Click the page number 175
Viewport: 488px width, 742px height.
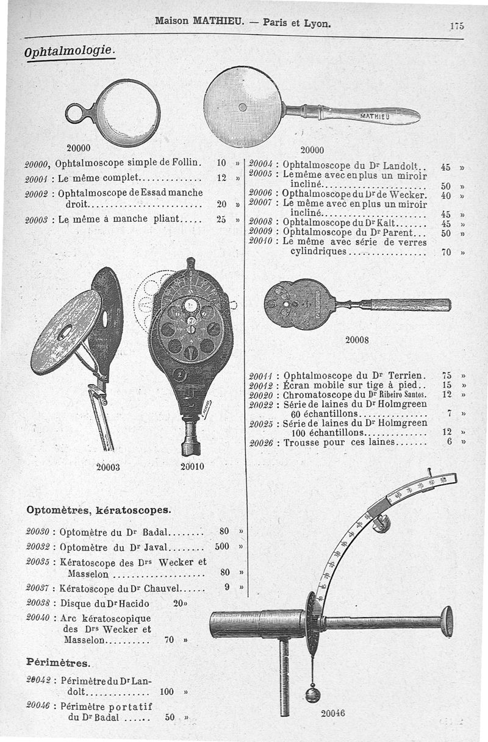point(456,26)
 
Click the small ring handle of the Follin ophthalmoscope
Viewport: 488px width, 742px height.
point(76,113)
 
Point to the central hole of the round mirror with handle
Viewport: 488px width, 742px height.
point(242,107)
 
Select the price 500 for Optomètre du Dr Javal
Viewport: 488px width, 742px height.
point(221,546)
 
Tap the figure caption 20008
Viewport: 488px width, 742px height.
point(357,340)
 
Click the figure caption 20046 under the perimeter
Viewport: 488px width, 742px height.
point(333,713)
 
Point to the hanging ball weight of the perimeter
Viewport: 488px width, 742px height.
point(312,694)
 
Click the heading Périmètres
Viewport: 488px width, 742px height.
point(58,662)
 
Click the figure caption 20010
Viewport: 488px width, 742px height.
point(193,467)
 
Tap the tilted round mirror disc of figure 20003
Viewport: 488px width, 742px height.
point(66,332)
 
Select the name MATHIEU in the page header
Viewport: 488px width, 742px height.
point(218,23)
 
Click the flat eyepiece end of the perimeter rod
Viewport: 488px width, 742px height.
point(447,621)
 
